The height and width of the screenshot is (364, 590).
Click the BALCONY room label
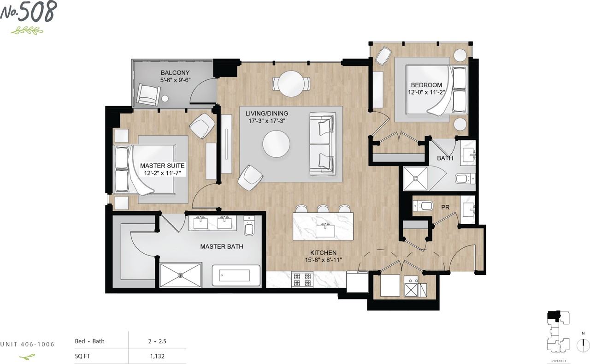pyautogui.click(x=175, y=72)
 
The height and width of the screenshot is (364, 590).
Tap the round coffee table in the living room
pyautogui.click(x=276, y=144)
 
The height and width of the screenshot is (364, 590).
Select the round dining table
pyautogui.click(x=291, y=84)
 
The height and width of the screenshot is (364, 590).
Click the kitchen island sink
pyautogui.click(x=325, y=231)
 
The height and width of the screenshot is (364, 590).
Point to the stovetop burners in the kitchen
pyautogui.click(x=302, y=280)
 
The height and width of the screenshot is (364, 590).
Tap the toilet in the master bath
pyautogui.click(x=249, y=225)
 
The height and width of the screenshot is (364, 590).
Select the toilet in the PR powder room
pyautogui.click(x=423, y=206)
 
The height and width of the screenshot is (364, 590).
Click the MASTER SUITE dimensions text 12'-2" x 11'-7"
pyautogui.click(x=162, y=173)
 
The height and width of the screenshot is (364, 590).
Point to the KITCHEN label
pyautogui.click(x=323, y=252)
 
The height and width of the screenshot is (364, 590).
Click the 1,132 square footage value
pyautogui.click(x=157, y=356)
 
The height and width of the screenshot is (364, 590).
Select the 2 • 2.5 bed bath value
pyautogui.click(x=157, y=341)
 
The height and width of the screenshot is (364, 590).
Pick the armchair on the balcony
pyautogui.click(x=148, y=95)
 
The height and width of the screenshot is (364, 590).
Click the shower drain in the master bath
pyautogui.click(x=180, y=275)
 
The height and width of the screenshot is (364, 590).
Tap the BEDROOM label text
pyautogui.click(x=426, y=85)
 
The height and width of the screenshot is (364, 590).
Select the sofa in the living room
pyautogui.click(x=323, y=144)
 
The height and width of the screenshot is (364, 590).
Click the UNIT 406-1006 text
pyautogui.click(x=27, y=344)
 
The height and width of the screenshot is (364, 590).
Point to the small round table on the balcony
pyautogui.click(x=165, y=98)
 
